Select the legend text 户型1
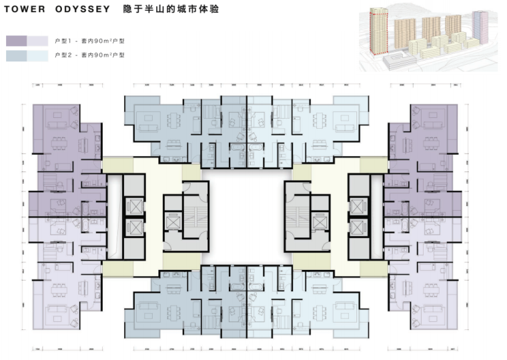[x=61, y=41]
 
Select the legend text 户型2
[x=61, y=56]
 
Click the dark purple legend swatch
[x=16, y=41]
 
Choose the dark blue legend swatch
[x=16, y=56]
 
